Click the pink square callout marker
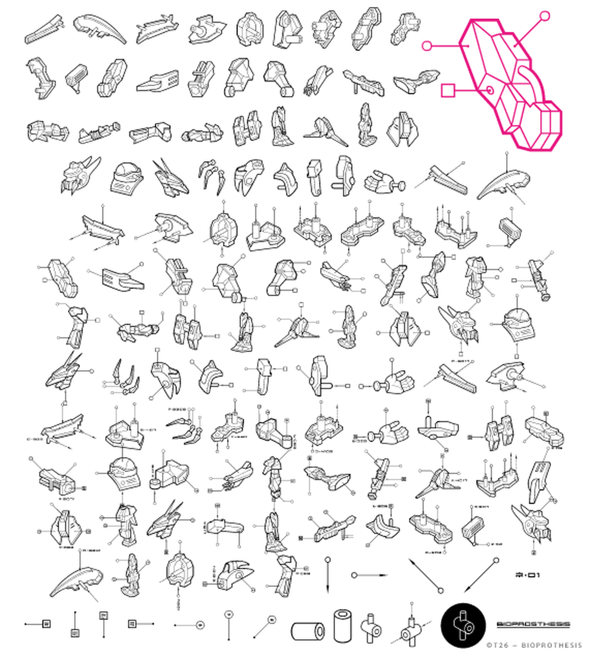(x=448, y=90)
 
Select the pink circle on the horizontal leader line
(x=426, y=45)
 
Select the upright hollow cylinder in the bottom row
(x=342, y=625)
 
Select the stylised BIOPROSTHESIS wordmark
(x=534, y=624)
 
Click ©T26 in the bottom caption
(x=494, y=645)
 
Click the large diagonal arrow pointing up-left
(x=424, y=575)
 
